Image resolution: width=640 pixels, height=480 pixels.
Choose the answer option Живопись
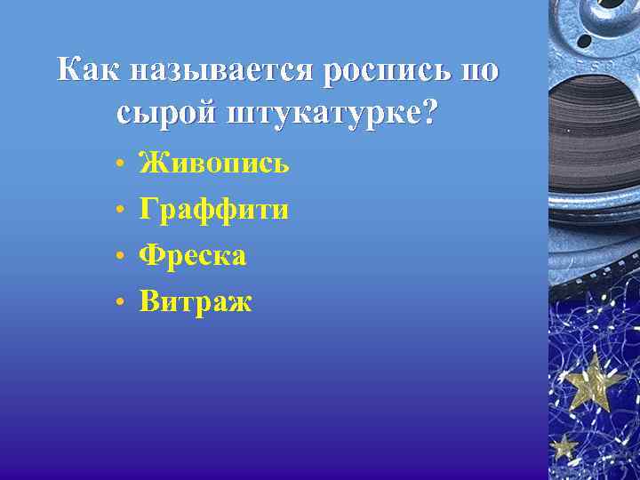213,164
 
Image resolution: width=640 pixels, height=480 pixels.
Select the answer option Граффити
213,210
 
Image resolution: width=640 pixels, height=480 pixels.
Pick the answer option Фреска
192,256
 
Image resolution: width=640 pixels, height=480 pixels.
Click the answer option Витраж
196,302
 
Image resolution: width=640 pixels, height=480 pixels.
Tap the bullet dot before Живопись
118,166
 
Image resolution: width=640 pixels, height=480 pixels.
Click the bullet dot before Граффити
118,212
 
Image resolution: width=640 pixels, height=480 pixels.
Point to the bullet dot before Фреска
118,259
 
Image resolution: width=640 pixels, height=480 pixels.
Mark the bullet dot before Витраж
118,305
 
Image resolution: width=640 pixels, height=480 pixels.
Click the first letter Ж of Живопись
153,164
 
